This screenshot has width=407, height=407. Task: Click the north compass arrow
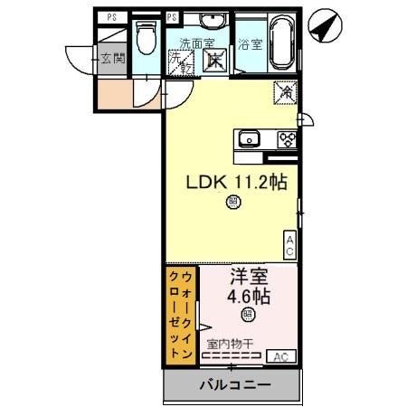(x=323, y=26)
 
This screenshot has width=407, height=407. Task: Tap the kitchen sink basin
(x=249, y=138)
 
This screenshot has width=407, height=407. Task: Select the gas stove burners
(x=288, y=138)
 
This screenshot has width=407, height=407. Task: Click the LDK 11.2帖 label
(x=236, y=182)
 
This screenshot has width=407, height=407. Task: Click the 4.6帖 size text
(x=247, y=296)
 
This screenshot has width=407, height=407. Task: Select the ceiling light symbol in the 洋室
(x=247, y=315)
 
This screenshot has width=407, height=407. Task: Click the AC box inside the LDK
(x=290, y=243)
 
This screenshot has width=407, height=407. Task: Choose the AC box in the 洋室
(x=281, y=356)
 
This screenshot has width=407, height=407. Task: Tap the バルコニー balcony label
(x=233, y=385)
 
